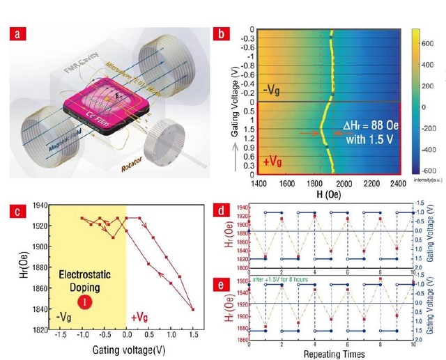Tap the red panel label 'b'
[x=221, y=33]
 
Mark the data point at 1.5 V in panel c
[x=192, y=309]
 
